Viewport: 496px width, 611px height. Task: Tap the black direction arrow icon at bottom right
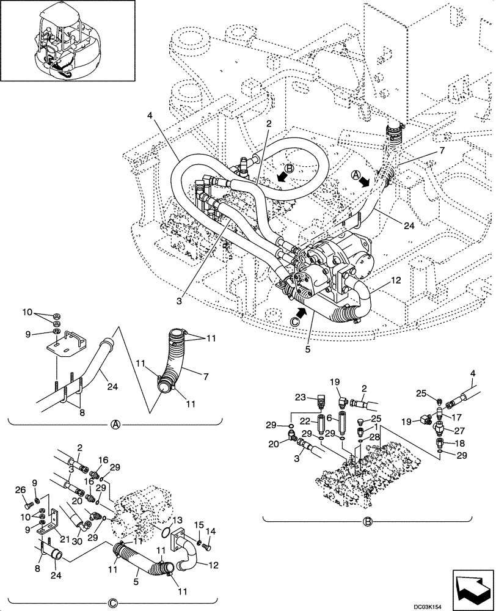472,581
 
